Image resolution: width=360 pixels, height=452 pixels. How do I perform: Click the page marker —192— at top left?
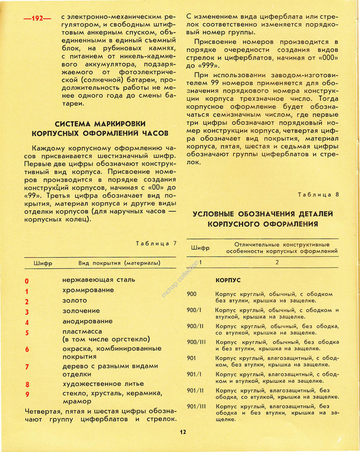click(37, 19)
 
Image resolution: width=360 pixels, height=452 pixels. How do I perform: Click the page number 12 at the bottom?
click(183, 432)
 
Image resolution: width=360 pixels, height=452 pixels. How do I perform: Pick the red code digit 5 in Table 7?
click(27, 333)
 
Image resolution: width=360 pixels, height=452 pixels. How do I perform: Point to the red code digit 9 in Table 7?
click(27, 394)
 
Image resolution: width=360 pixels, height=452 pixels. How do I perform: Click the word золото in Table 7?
click(75, 301)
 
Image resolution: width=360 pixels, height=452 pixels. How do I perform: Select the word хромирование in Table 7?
click(87, 290)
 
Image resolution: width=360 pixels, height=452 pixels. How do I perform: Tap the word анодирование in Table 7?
click(87, 322)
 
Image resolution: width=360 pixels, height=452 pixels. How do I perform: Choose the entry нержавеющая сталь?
click(99, 280)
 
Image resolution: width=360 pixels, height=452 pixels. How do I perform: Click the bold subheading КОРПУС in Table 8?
click(229, 281)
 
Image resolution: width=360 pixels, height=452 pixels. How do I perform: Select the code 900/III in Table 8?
click(197, 342)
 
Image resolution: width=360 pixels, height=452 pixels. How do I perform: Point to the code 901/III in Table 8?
click(197, 407)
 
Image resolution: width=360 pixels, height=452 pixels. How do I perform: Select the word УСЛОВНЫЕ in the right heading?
click(220, 214)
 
